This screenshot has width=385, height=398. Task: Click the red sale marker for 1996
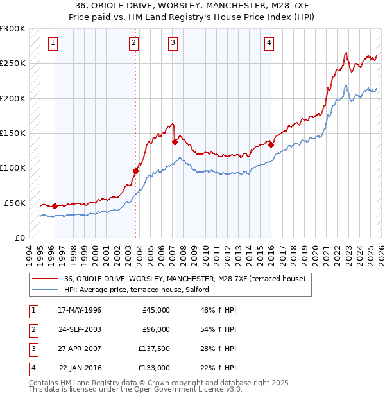pyautogui.click(x=55, y=206)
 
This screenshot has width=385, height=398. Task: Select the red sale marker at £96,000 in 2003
pyautogui.click(x=135, y=171)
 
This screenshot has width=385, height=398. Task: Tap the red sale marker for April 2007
pyautogui.click(x=175, y=142)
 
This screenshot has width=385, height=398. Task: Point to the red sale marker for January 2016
pyautogui.click(x=271, y=144)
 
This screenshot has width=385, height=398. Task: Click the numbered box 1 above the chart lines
pyautogui.click(x=52, y=43)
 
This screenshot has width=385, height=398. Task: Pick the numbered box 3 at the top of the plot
pyautogui.click(x=173, y=43)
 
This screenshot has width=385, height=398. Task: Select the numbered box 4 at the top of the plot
pyautogui.click(x=269, y=43)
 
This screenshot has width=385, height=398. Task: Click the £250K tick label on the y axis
pyautogui.click(x=13, y=64)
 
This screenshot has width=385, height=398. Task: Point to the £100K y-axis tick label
pyautogui.click(x=13, y=168)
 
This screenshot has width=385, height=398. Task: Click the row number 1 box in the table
pyautogui.click(x=33, y=310)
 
